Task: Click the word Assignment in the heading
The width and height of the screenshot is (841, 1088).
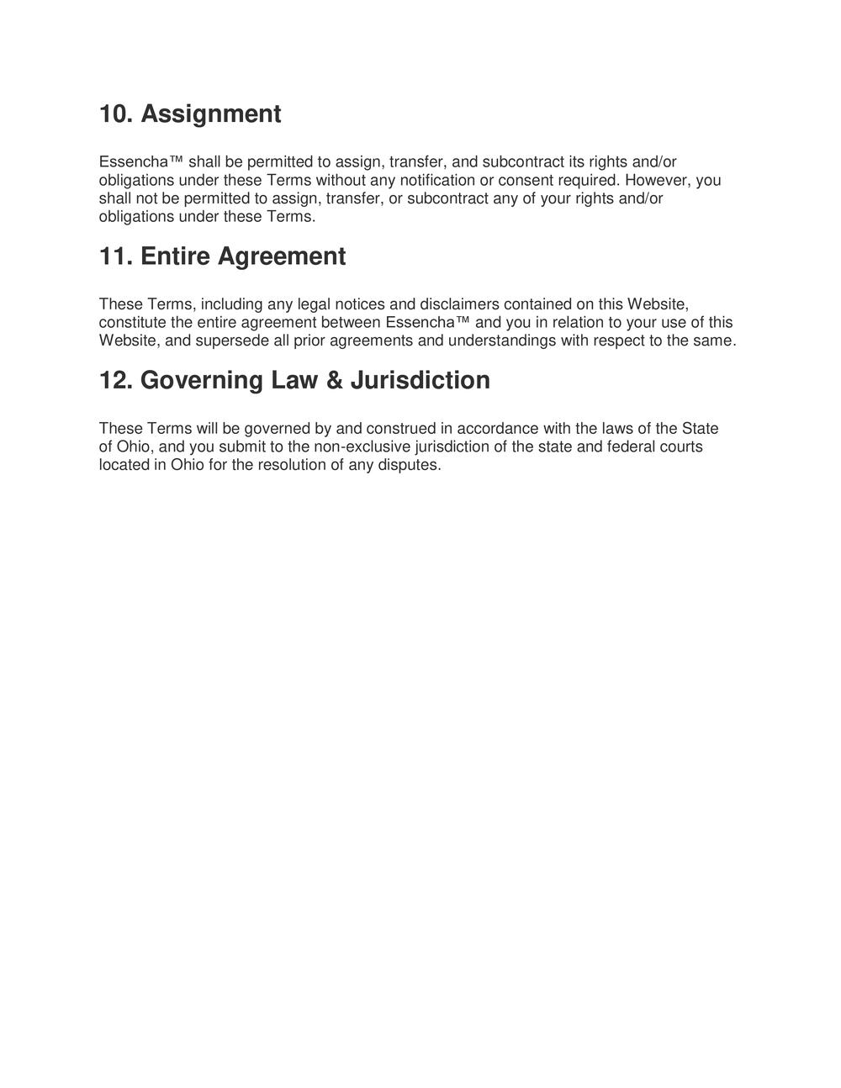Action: [x=210, y=114]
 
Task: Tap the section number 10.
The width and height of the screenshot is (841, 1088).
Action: [x=115, y=114]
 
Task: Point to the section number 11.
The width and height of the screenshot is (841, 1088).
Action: [x=115, y=256]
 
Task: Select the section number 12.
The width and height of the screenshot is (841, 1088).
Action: [x=115, y=380]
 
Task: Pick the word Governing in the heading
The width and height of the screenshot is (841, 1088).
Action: [x=201, y=380]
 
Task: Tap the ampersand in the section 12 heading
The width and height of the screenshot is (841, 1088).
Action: [x=334, y=380]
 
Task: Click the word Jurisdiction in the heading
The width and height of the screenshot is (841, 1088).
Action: [x=420, y=380]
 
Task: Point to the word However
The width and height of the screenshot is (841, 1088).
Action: [x=656, y=180]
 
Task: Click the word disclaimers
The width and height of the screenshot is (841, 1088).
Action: [x=459, y=304]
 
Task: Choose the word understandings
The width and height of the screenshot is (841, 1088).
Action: [x=501, y=341]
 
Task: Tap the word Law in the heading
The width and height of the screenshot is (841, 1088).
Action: [x=291, y=380]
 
